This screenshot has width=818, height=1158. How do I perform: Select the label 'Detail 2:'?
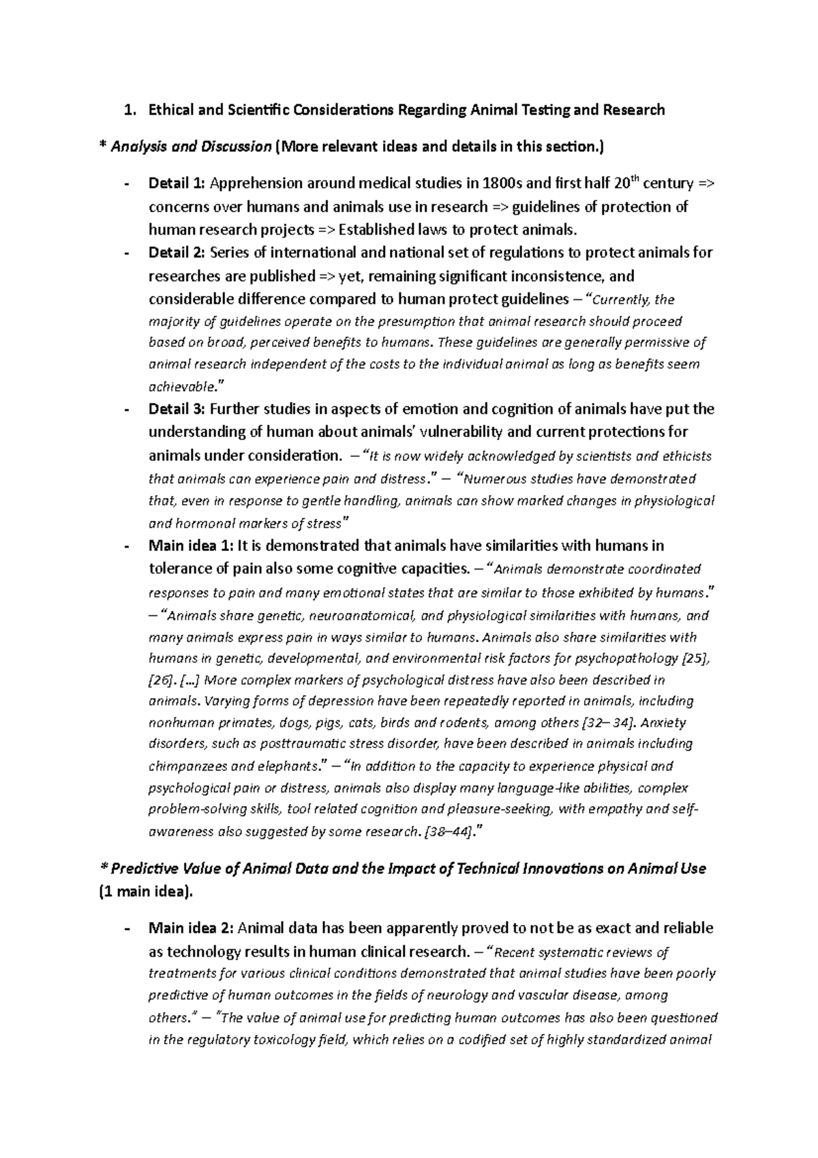176,253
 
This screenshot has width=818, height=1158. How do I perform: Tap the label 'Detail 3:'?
176,409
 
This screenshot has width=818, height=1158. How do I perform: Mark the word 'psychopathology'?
627,659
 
